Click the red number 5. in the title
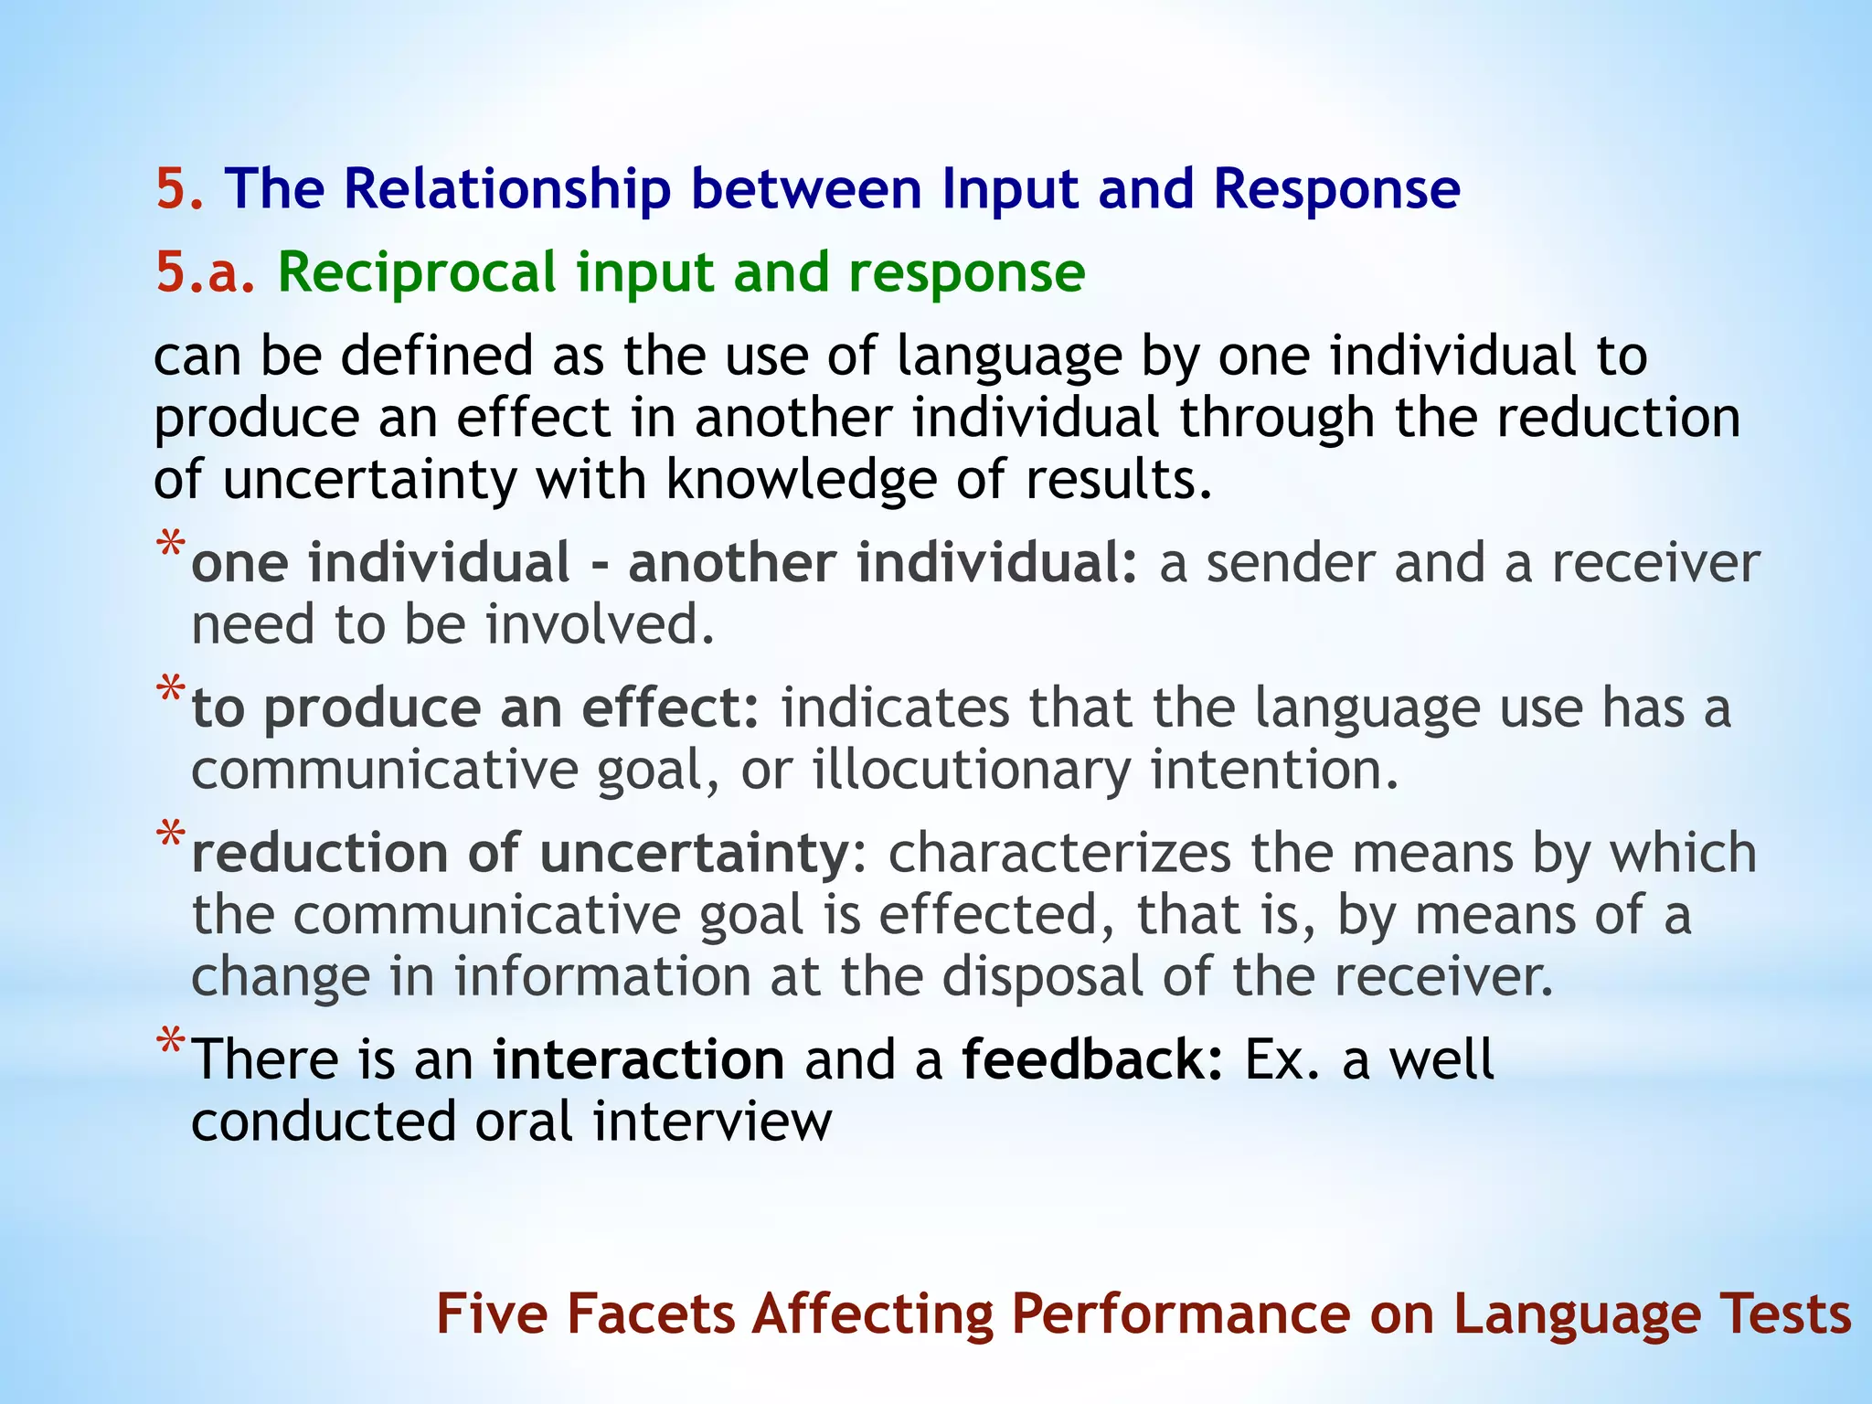click(179, 189)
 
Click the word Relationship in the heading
click(506, 189)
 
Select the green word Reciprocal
click(416, 272)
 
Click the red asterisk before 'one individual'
click(171, 546)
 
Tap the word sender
click(1291, 562)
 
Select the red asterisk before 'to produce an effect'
click(171, 691)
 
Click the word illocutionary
click(972, 770)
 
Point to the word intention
click(1274, 770)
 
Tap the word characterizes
click(1058, 853)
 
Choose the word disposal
click(1042, 976)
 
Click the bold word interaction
click(638, 1059)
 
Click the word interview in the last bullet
click(713, 1122)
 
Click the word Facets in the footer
click(651, 1314)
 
